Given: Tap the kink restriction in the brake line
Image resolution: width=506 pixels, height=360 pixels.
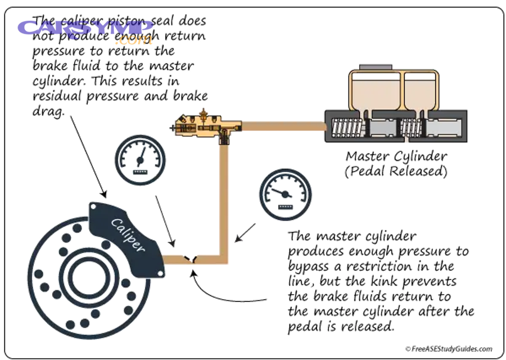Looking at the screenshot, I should (193, 259).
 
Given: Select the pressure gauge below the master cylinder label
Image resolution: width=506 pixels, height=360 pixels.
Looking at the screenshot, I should (285, 195).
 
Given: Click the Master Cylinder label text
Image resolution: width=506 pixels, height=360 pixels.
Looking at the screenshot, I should (396, 156).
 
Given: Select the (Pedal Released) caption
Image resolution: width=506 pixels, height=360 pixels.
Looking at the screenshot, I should (396, 171).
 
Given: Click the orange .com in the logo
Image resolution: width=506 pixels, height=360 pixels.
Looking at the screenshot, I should (135, 39).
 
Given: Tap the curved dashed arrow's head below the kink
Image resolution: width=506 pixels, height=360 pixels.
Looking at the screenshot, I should (192, 273).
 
